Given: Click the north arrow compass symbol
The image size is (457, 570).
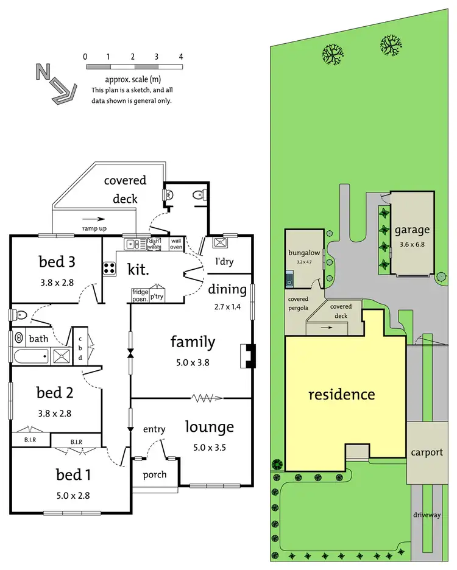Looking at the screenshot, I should pos(55,83).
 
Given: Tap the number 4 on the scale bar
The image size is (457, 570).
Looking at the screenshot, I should pos(181,57).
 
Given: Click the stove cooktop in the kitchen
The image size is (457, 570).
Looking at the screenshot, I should pos(110,268).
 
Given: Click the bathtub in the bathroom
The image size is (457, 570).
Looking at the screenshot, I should pos(30,356).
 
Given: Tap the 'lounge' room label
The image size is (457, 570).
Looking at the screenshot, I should pos(209,427).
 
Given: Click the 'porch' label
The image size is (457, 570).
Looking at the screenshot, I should pos(155,474).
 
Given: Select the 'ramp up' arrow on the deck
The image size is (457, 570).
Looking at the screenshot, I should pos(94,219).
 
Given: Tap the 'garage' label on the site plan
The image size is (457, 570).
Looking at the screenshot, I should pos(412,230).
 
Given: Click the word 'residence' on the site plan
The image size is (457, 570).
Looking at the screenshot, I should pos(341,394).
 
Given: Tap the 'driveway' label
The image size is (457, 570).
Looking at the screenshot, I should pos(426,515).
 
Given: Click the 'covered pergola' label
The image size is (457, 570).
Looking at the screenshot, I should pos(299,303).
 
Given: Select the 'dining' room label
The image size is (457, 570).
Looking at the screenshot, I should pos(227,289).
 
